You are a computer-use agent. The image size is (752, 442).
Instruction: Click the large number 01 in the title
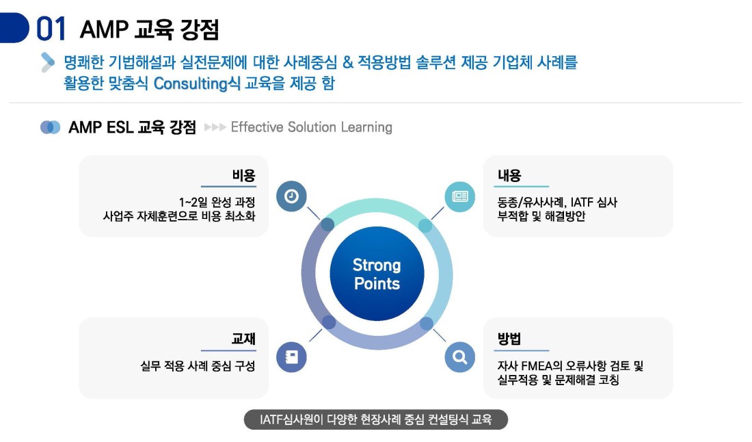51,29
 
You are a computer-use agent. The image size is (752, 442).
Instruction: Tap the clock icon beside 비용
291,196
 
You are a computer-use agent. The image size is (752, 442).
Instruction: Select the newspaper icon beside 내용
460,196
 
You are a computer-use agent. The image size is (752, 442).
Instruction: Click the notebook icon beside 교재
291,357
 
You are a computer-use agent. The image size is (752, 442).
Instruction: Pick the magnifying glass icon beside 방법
460,357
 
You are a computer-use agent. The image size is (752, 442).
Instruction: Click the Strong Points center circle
377,274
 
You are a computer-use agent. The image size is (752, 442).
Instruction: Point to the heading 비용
243,176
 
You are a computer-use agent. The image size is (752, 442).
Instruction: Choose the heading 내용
509,176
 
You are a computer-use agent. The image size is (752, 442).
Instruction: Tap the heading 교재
243,339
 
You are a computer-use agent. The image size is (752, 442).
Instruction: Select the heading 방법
509,339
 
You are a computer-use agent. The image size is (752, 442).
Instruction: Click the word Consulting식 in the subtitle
197,83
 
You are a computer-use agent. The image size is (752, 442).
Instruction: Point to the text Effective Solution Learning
312,127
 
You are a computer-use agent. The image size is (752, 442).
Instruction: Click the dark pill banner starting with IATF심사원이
376,419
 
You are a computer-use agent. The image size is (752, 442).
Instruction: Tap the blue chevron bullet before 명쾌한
47,62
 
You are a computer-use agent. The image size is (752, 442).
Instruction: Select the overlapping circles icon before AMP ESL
51,127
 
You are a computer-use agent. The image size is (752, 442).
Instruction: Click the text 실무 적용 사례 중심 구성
198,366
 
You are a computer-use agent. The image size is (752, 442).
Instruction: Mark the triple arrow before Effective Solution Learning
215,127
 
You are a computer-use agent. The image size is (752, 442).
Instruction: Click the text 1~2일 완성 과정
217,202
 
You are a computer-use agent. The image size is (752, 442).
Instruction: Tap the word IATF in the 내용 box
580,202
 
